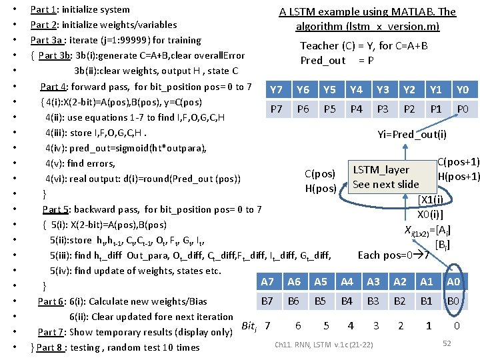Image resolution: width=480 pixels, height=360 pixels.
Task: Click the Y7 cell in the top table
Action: pos(277,90)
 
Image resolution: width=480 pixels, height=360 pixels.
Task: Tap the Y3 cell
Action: pos(383,90)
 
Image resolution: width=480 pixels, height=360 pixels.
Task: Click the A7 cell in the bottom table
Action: pos(267,282)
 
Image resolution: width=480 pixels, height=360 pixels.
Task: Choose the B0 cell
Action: pos(453,301)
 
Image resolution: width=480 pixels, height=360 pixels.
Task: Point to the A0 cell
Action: pos(453,282)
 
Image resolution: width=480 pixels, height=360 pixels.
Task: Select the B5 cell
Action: pos(321,301)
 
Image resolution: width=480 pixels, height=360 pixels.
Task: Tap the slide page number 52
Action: pos(447,343)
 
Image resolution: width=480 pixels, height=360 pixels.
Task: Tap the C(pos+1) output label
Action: pos(458,162)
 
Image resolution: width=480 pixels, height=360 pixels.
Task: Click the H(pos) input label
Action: pos(320,188)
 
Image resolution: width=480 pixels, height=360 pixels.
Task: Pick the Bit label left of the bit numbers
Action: pos(248,326)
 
